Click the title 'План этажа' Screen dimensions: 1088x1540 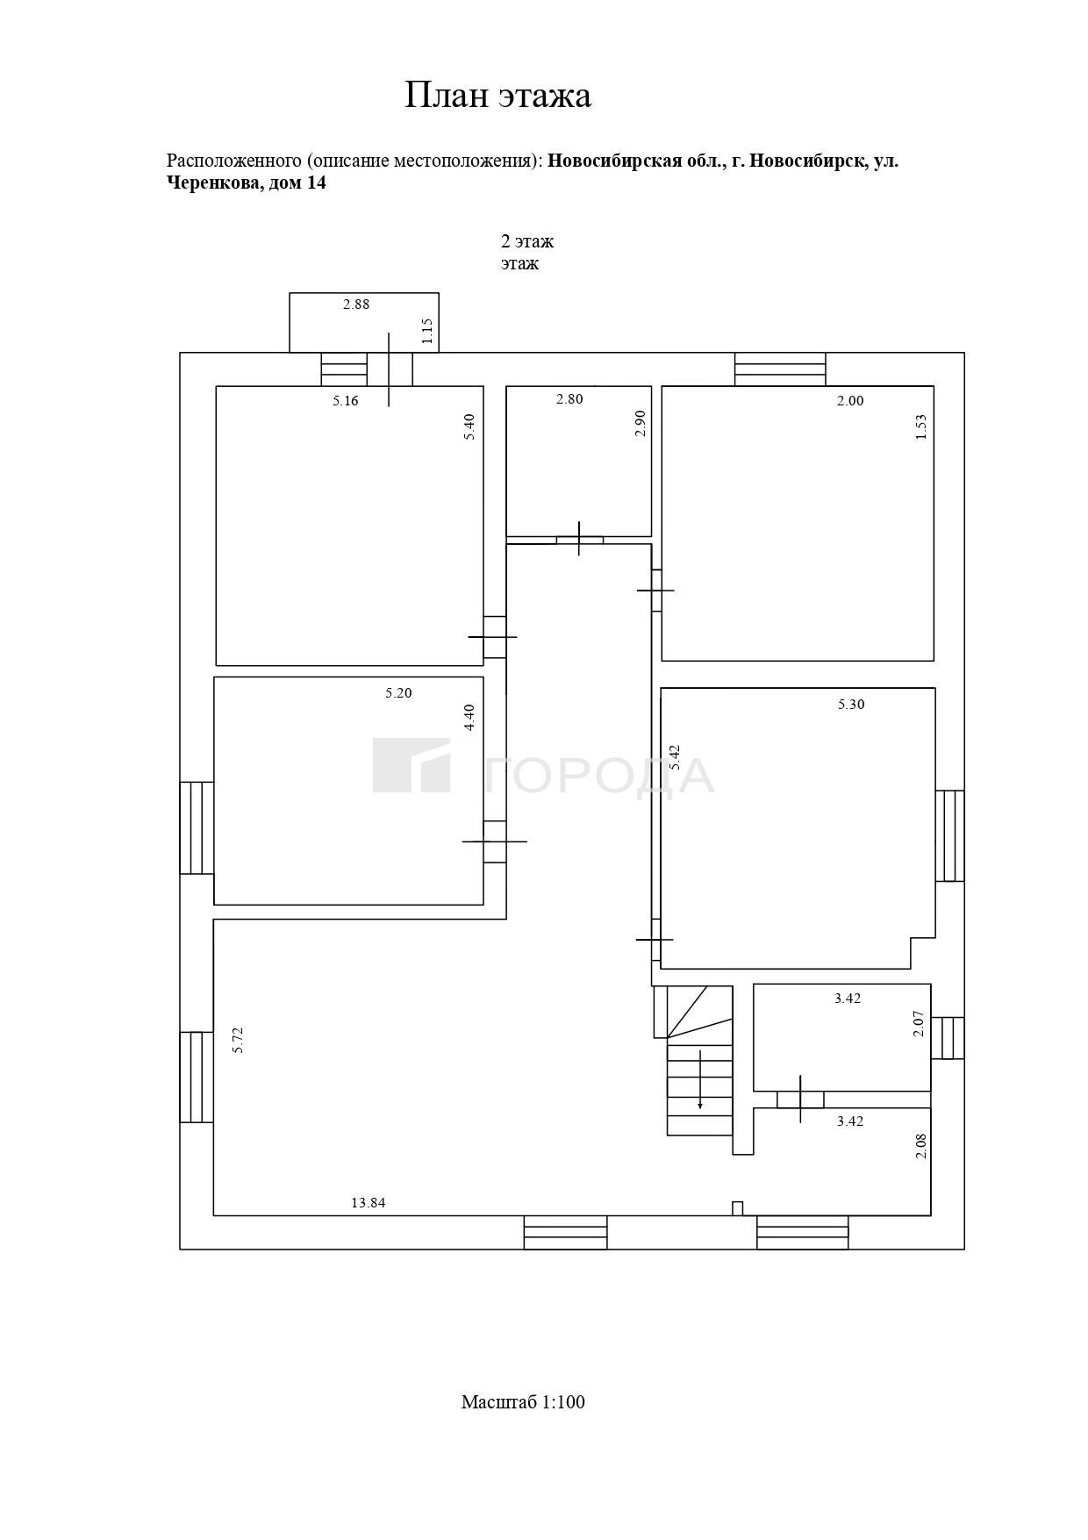point(497,95)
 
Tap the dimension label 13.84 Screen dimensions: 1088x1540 point(369,1203)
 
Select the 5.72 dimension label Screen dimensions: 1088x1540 point(238,1040)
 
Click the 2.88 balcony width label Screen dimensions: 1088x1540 point(356,304)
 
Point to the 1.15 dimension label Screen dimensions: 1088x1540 point(427,330)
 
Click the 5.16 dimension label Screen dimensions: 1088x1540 point(346,401)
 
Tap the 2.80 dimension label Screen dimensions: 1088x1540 point(569,399)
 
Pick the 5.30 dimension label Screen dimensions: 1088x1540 point(851,704)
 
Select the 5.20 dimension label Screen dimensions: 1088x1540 point(398,692)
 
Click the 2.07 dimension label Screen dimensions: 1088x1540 point(919,1024)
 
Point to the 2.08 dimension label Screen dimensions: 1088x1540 point(920,1146)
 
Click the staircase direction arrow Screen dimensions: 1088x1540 point(700,1079)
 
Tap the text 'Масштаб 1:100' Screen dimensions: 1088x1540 point(523,1402)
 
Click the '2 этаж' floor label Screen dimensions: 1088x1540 point(527,241)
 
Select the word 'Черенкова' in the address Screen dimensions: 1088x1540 point(213,183)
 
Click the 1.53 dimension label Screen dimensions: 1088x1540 point(920,426)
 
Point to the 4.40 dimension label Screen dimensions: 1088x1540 point(469,718)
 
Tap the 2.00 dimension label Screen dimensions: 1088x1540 point(850,401)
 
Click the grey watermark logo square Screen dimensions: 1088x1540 point(412,765)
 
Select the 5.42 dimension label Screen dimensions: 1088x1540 point(675,757)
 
